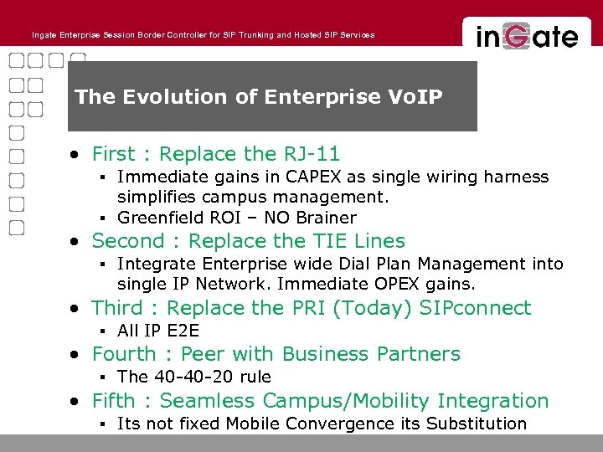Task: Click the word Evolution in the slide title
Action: coord(177,97)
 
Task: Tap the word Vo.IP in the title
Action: coord(410,97)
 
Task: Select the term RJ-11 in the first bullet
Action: coord(311,154)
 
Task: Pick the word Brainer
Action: coord(326,218)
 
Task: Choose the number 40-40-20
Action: coord(194,377)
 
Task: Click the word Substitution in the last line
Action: coord(477,424)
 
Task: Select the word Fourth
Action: coord(123,354)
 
